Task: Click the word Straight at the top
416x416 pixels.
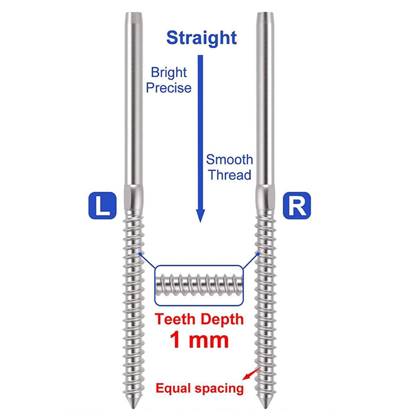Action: [x=202, y=38]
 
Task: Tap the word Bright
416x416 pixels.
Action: [x=169, y=73]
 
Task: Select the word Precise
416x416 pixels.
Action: [x=169, y=88]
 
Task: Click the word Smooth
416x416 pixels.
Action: [x=230, y=160]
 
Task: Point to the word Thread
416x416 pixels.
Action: [x=230, y=175]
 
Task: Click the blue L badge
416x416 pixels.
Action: [x=102, y=206]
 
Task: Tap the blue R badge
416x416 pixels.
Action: [x=297, y=206]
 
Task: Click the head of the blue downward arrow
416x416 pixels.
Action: [x=201, y=215]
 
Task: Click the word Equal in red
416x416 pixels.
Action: [x=174, y=389]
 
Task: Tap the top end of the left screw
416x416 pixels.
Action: [x=134, y=13]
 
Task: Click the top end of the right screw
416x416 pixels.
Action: [x=265, y=13]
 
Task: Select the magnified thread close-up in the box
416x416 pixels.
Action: [x=199, y=285]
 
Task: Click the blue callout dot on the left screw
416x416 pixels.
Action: [x=140, y=254]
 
